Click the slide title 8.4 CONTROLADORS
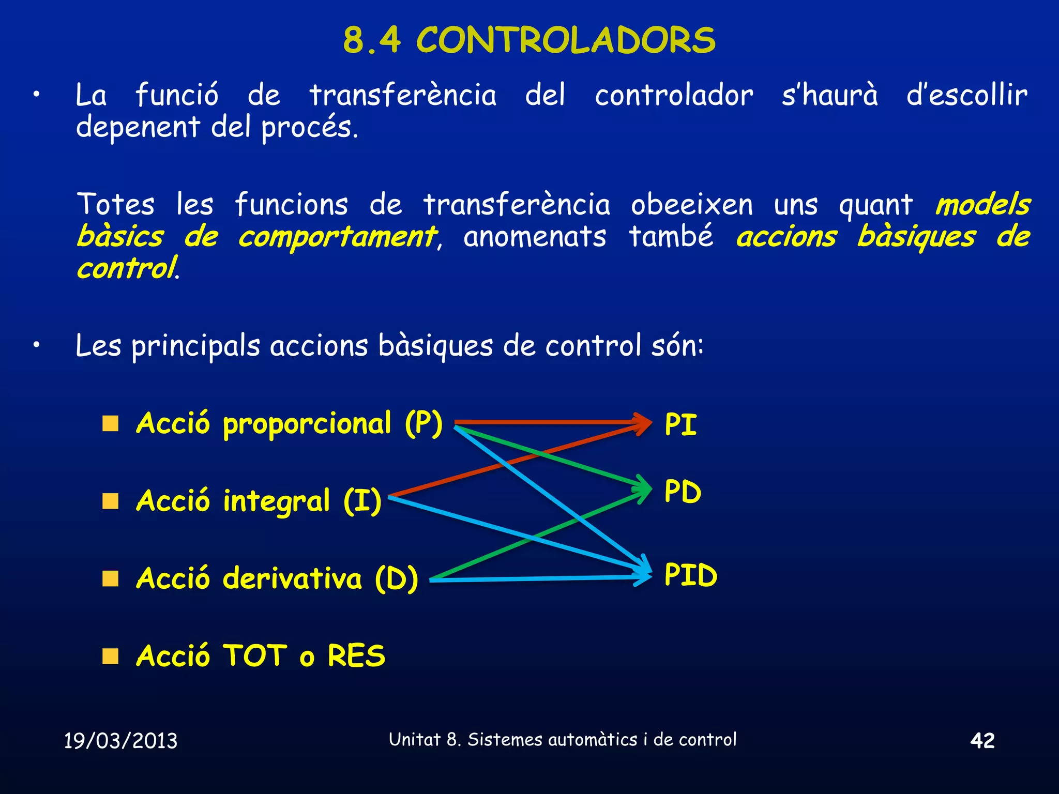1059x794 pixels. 529,40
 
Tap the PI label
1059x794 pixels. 680,425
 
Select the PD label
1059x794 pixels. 683,492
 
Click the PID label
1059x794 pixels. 691,575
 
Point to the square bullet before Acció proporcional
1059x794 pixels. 110,424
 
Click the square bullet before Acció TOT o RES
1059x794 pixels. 110,656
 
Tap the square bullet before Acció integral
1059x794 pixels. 110,501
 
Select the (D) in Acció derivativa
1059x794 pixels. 396,578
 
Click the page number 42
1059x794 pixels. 982,740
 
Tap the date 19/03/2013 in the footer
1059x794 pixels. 120,741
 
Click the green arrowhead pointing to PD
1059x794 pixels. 644,488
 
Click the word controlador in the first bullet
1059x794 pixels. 674,96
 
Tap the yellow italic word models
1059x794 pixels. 982,205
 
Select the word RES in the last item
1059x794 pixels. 356,656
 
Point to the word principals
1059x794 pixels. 195,346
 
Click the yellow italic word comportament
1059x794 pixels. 337,237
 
